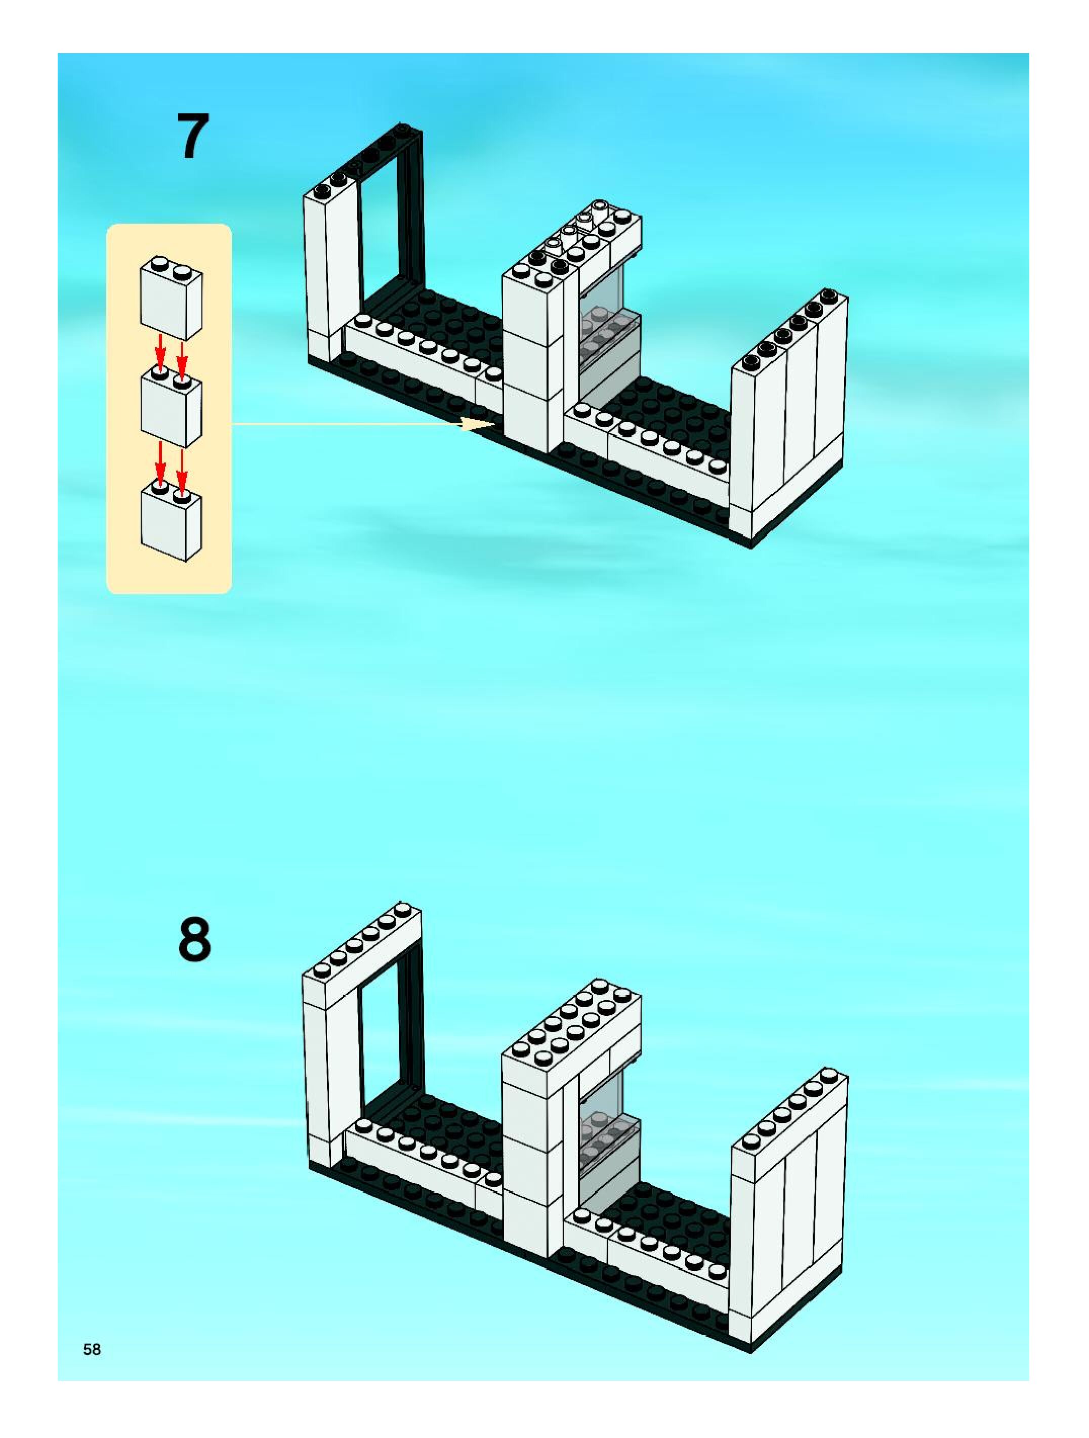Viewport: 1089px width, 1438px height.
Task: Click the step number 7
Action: click(193, 137)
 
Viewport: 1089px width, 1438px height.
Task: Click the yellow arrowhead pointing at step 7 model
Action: click(478, 424)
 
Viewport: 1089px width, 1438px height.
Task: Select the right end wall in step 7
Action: click(790, 422)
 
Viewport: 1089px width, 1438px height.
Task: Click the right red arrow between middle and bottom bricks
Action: click(183, 466)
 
